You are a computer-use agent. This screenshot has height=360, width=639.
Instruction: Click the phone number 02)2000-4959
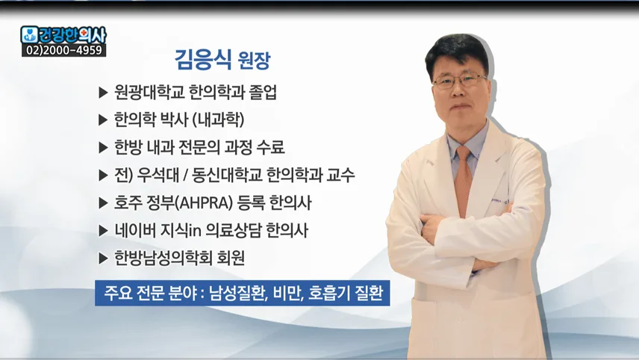[64, 50]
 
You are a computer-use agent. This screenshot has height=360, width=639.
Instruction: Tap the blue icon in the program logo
[29, 34]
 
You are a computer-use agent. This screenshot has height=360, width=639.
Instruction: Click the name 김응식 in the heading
[203, 60]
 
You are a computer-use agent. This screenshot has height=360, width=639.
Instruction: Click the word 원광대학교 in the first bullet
[149, 93]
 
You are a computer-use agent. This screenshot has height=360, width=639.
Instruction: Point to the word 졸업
[263, 93]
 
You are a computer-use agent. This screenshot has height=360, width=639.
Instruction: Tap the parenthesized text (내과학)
[218, 120]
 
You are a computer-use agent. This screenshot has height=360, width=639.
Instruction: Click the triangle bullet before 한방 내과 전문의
[103, 148]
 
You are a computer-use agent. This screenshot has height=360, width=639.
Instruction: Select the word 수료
[270, 148]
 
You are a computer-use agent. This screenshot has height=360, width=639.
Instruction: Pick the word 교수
[340, 176]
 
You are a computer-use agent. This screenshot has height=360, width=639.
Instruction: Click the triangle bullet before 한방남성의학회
[103, 258]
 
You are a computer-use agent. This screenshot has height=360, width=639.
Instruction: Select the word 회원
[231, 258]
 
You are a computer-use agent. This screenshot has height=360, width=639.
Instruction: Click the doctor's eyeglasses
[459, 81]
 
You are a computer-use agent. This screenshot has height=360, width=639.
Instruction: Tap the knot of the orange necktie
[464, 154]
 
